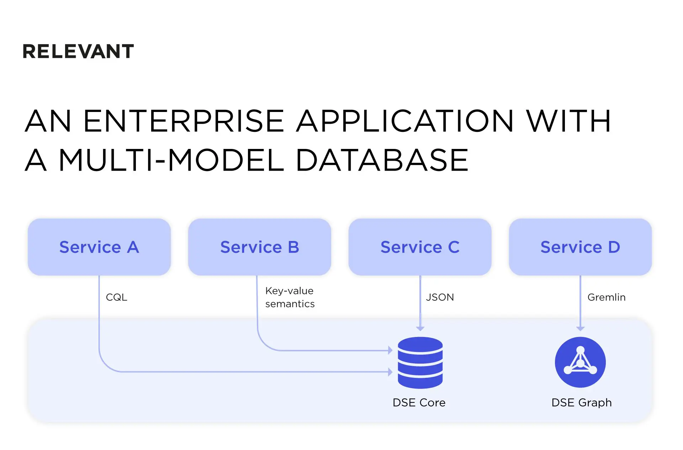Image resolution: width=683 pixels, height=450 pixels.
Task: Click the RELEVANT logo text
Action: pos(78,52)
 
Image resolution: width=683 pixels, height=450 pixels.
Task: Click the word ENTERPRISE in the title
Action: pos(184,121)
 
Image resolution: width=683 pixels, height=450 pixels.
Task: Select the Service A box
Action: pos(99,247)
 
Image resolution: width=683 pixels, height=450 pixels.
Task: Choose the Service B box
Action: pos(260,247)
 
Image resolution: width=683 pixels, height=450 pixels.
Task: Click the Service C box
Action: pos(420,247)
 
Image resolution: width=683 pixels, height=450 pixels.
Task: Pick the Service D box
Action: pos(580,247)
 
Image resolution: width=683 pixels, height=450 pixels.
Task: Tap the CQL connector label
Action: pos(116,297)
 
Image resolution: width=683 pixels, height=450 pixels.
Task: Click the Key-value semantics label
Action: pos(290,297)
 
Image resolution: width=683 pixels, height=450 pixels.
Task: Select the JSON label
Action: pos(440,297)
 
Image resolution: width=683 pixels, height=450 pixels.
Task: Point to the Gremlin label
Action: pos(606,297)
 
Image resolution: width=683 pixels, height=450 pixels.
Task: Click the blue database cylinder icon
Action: pos(420,363)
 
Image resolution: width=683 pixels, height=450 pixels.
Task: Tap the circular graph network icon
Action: pos(580,362)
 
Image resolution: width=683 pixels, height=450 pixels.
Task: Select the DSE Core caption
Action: pos(419,403)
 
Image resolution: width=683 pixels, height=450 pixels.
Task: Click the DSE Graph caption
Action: pos(581,403)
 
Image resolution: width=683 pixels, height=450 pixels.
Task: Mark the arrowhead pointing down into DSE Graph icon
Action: pos(580,329)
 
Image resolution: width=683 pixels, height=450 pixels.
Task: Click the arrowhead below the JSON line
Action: pos(420,329)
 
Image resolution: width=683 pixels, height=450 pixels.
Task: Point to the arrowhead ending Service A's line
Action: pos(390,372)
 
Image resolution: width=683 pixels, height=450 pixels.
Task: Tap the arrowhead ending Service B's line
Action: pos(390,350)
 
